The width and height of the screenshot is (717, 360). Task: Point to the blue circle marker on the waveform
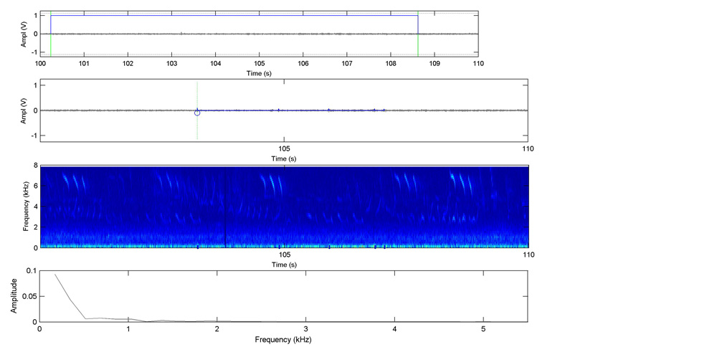click(x=197, y=113)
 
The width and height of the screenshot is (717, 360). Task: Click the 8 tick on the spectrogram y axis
click(x=35, y=166)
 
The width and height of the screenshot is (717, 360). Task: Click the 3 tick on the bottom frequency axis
click(x=306, y=329)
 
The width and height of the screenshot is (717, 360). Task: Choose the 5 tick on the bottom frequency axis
click(x=483, y=329)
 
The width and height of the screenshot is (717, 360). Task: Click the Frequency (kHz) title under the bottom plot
click(x=284, y=338)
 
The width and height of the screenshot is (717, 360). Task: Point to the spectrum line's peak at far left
click(x=55, y=274)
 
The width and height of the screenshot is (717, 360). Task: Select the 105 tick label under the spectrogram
click(x=284, y=255)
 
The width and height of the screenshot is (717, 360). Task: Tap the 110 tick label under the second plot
click(x=528, y=148)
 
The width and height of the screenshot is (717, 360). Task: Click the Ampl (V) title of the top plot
click(x=24, y=34)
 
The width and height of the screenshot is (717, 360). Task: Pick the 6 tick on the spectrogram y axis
click(x=35, y=186)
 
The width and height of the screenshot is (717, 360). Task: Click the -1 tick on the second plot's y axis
click(x=34, y=136)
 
